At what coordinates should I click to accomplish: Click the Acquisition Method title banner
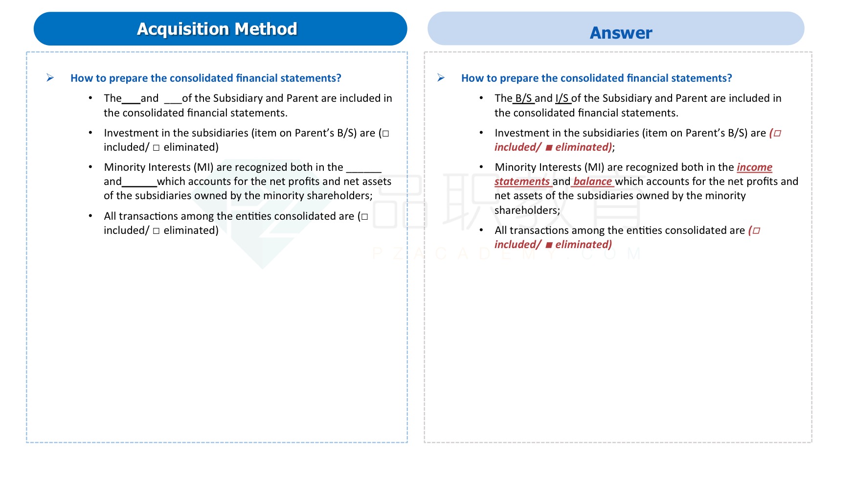coord(220,29)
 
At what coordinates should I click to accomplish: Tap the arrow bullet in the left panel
coord(50,78)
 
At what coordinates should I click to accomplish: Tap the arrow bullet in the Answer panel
coord(441,78)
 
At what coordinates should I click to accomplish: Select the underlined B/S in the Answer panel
coord(523,98)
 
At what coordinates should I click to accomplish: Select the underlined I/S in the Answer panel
coord(562,98)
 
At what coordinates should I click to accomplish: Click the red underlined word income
coord(754,167)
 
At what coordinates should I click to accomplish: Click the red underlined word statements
coord(522,182)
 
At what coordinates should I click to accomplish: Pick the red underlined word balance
coord(592,182)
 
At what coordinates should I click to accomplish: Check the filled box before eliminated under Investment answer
coord(549,148)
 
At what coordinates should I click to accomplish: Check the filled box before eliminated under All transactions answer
coord(549,245)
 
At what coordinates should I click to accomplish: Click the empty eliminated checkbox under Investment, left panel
coord(156,148)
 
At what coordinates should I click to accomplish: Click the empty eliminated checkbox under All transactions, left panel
coord(156,231)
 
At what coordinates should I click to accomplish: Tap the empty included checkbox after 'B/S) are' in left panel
coord(385,134)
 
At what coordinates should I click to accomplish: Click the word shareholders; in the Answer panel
coord(527,210)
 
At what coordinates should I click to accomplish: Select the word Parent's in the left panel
coord(314,133)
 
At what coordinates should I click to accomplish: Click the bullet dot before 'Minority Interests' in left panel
coord(90,167)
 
